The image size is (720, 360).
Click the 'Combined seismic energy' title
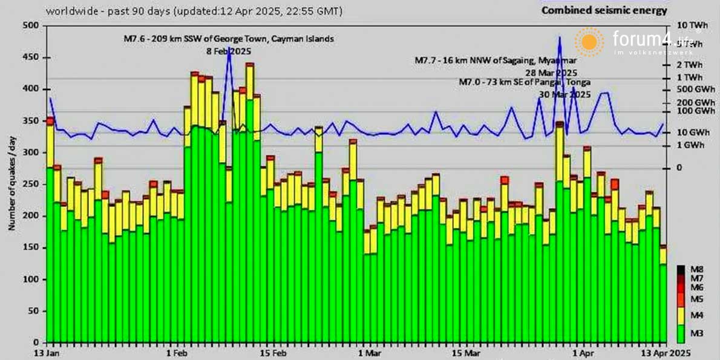tap(604, 10)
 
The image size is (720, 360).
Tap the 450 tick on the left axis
tap(30, 57)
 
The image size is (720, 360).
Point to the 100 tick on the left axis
tap(30, 280)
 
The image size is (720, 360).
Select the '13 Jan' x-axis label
tap(48, 352)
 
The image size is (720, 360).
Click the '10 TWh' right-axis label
tap(692, 25)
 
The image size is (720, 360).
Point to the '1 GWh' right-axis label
tap(691, 145)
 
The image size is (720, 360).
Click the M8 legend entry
tap(697, 269)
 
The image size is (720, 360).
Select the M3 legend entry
tap(697, 333)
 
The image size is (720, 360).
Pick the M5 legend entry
tap(697, 299)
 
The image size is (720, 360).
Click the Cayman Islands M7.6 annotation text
tap(229, 39)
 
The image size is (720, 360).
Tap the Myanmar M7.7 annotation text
tap(496, 61)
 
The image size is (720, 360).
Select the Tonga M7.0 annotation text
tap(525, 82)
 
